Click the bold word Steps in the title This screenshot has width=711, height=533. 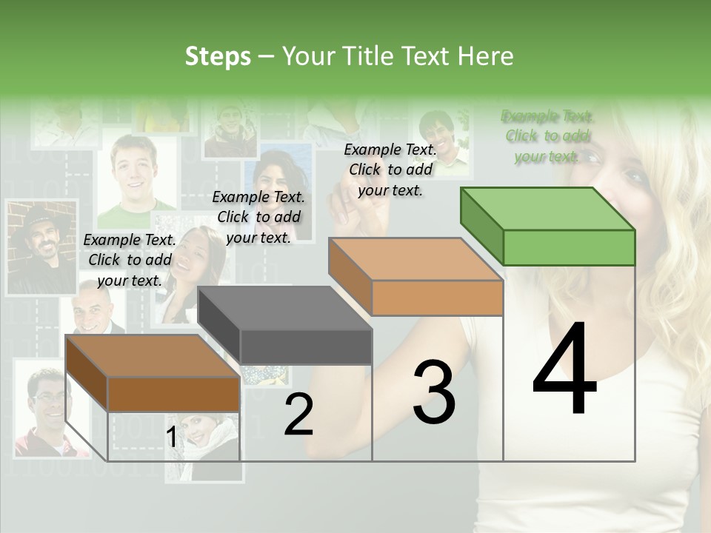(218, 56)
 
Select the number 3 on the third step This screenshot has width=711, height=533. (433, 392)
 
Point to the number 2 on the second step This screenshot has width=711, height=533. (298, 415)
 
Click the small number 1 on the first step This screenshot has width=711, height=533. (171, 438)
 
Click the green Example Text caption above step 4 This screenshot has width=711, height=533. (547, 136)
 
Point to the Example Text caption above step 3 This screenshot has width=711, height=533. (390, 170)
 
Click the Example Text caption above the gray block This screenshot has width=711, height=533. (258, 217)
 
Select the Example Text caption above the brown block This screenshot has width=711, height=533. (130, 260)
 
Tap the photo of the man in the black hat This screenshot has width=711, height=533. (41, 247)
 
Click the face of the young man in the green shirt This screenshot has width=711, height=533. (135, 175)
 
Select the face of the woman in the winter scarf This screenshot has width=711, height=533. (200, 429)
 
